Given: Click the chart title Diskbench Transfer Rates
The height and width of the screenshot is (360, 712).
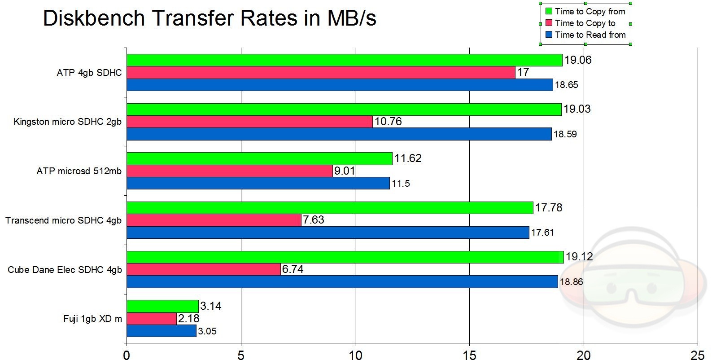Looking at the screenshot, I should coord(209,18).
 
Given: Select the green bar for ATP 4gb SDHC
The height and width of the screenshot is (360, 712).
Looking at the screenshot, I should coord(344,60).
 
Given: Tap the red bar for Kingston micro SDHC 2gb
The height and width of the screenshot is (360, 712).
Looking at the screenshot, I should coord(249,122).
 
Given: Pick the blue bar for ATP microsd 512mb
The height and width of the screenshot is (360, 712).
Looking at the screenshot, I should coord(258,183).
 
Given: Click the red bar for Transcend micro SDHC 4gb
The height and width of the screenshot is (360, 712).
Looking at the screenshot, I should coord(214,220).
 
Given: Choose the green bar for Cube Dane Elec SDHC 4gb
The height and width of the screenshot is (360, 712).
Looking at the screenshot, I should coord(345,257).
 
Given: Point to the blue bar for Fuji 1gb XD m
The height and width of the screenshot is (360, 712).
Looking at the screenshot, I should coord(162,331).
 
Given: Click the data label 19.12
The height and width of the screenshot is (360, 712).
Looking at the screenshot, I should coord(579,257).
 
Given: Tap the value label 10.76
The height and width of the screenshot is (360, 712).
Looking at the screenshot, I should coord(388,122).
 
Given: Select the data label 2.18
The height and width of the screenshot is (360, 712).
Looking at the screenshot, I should coord(188,319).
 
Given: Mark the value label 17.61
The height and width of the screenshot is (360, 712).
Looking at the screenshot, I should coord(542,233).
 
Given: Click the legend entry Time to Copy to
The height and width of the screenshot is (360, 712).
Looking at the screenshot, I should coord(585,23).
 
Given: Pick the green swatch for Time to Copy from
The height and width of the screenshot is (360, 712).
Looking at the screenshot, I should coord(548,12).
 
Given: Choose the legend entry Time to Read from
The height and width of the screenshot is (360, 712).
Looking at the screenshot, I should coord(590,35).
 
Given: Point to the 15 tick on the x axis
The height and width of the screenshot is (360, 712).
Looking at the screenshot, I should coord(469,355).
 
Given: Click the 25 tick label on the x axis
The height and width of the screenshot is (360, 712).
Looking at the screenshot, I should coord(698,355).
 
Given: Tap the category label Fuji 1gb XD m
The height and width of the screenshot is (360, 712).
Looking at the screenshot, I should coord(92,319).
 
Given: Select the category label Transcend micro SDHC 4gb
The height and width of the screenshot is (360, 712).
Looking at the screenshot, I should coord(63,220).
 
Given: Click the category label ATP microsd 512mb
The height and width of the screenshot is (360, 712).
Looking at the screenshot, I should coord(79,171).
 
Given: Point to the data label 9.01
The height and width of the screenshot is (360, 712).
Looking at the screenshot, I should coord(344,171).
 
